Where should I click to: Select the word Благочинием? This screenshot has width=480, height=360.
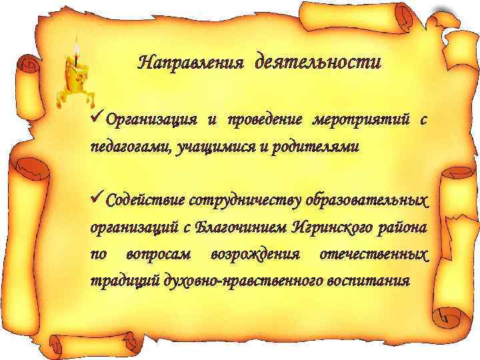click(240, 227)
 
